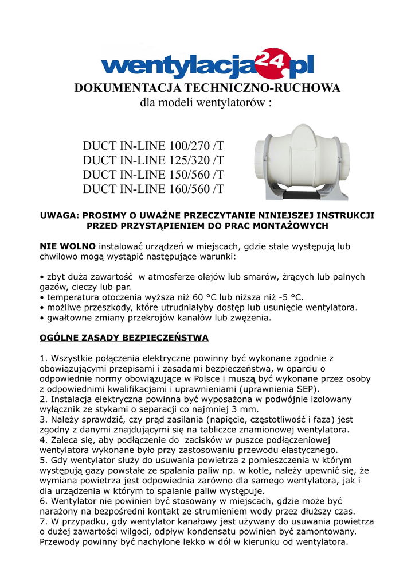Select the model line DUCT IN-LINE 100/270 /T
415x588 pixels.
(x=154, y=146)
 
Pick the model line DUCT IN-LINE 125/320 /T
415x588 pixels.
(x=154, y=160)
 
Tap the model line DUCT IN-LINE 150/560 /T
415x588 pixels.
(x=154, y=175)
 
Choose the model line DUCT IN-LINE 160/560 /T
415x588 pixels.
(x=154, y=189)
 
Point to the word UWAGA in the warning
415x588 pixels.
(x=58, y=215)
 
